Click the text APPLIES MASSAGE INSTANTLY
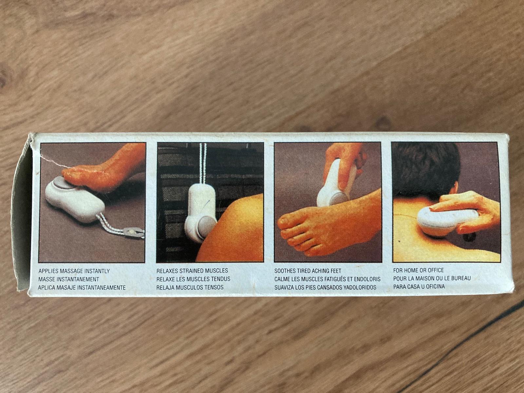tap(74, 271)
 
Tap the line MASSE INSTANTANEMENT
tap(69, 279)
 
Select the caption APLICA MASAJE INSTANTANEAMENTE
tap(82, 288)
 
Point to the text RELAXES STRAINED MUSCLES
tap(192, 271)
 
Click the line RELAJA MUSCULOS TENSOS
tap(190, 287)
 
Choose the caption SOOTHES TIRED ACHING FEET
tap(308, 271)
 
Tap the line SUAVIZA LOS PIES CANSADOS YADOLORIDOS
tap(325, 287)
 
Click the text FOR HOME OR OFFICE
tap(419, 270)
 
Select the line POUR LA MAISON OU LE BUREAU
tap(432, 278)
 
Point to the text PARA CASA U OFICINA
tap(419, 286)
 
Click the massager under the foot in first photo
tap(74, 199)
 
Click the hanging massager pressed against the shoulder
tap(200, 212)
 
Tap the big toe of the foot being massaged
tap(288, 222)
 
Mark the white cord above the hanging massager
tap(203, 164)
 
